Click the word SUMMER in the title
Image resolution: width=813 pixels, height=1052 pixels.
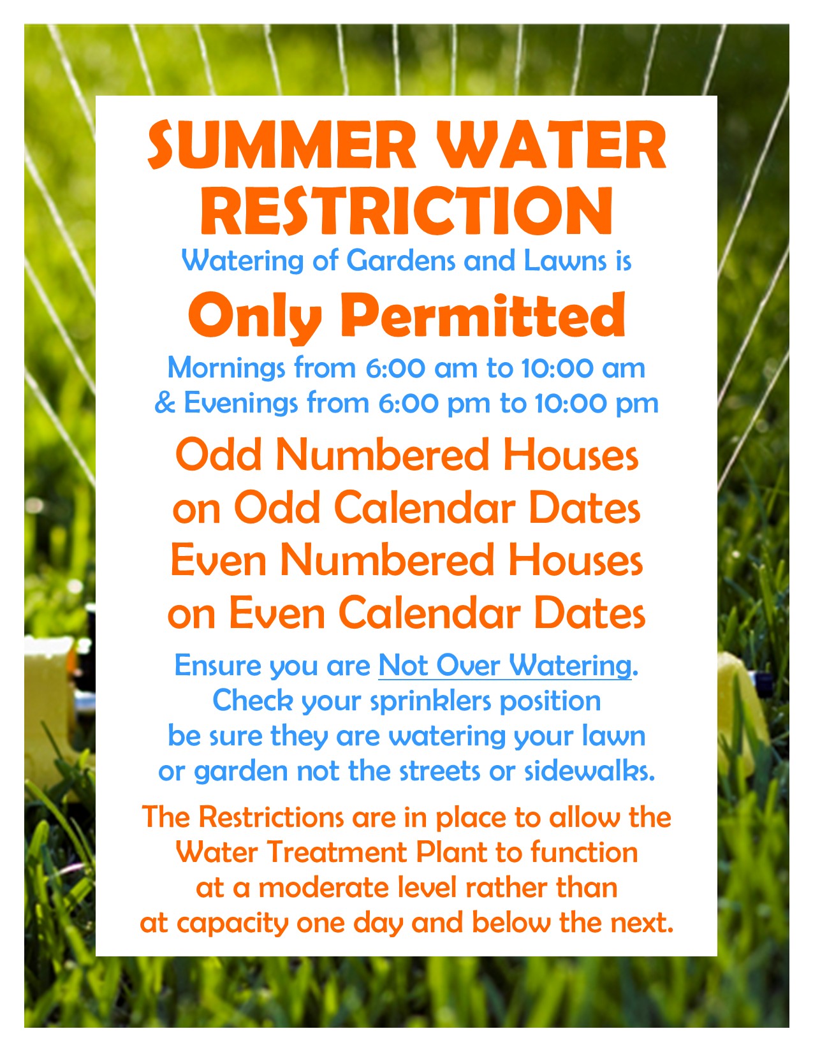click(x=281, y=145)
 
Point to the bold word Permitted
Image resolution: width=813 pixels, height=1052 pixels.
click(x=483, y=315)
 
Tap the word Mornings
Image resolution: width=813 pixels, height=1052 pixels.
click(x=226, y=369)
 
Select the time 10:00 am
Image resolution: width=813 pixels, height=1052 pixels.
click(x=583, y=369)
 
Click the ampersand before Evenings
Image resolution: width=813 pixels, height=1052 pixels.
click(x=165, y=404)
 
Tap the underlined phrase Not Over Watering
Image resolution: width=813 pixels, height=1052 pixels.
click(x=505, y=666)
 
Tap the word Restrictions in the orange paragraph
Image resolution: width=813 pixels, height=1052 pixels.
click(x=271, y=817)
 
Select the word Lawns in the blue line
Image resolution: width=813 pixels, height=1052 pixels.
click(x=565, y=261)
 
